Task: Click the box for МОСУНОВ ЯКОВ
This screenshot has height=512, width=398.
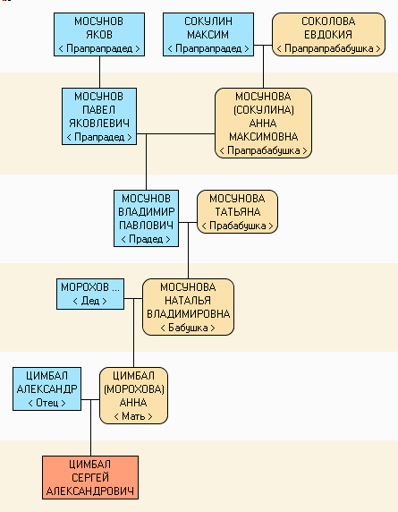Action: pos(99,35)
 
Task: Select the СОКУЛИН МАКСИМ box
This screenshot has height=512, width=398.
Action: pos(208,35)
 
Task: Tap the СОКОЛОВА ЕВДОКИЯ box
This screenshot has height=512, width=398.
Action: pos(328,35)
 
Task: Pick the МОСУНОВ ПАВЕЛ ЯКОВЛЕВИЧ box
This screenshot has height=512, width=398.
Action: pos(99,116)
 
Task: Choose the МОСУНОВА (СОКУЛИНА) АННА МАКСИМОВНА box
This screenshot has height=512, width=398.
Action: pos(263,124)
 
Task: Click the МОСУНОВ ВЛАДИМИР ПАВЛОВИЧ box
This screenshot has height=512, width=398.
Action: pos(146,218)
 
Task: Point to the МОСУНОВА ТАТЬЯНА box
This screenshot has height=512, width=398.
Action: pos(238,211)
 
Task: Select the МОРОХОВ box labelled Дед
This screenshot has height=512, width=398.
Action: pos(90,294)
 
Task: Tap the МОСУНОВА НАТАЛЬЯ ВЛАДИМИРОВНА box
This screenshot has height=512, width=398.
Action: pos(188,307)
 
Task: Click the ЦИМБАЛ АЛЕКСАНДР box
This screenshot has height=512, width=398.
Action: pos(47,388)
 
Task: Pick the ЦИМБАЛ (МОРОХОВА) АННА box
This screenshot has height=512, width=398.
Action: pos(133,396)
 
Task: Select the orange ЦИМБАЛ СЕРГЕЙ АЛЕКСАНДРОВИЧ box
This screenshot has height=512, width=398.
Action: pos(90,477)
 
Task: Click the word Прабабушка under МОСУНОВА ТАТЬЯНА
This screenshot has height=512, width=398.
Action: pos(238,226)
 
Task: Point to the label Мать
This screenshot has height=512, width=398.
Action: pos(133,416)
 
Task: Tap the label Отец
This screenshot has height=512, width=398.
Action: pos(47,403)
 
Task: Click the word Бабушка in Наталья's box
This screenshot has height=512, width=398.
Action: pos(188,328)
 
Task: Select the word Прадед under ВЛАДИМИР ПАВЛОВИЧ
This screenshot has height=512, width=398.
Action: pos(146,239)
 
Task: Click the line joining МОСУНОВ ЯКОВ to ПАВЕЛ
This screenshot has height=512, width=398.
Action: pos(100,72)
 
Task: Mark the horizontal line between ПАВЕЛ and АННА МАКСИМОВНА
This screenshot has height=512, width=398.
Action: pos(175,133)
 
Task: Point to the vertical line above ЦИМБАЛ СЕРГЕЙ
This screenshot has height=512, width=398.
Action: pos(90,428)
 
